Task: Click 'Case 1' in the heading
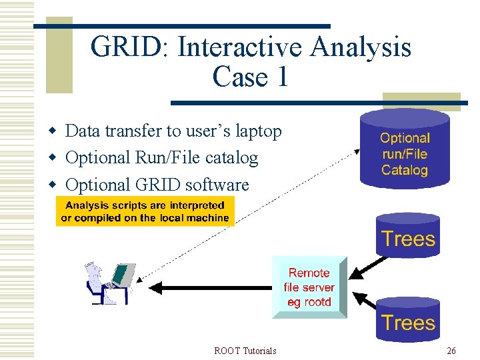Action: coord(251,77)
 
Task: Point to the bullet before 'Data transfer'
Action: coord(57,131)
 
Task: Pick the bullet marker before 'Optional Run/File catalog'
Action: coord(57,158)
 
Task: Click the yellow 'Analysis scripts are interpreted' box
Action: coord(145,211)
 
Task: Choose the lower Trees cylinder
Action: coord(407,323)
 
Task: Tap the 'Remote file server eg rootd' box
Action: coord(309,287)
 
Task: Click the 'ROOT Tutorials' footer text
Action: coord(245,351)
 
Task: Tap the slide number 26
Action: coord(451,351)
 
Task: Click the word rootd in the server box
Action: coord(318,302)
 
